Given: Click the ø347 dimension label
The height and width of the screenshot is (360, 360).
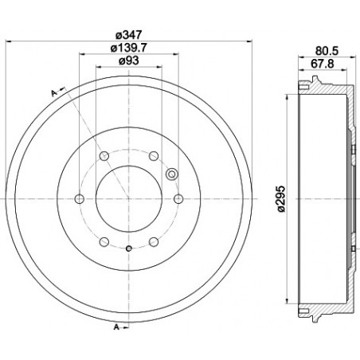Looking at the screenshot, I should pos(128,33).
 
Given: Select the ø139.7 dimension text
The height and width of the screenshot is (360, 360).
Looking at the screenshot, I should pos(128,49).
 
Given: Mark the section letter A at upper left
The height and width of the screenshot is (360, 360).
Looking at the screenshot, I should pos(53,93).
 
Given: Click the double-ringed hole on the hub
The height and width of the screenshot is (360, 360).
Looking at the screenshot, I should pos(170,174).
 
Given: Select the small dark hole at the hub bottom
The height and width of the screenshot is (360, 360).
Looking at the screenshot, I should pos(128,249).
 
